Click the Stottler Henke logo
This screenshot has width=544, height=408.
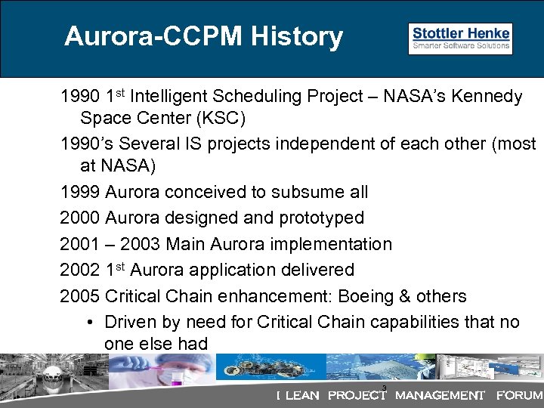tap(460, 39)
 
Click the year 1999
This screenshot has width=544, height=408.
tap(80, 193)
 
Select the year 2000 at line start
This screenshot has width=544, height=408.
tap(80, 218)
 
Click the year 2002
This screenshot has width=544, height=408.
tap(80, 270)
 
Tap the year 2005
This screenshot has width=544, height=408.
tap(80, 296)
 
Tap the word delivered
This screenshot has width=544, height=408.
tap(318, 270)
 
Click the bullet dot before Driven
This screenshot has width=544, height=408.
tap(90, 323)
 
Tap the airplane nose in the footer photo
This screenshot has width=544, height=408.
tap(19, 378)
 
